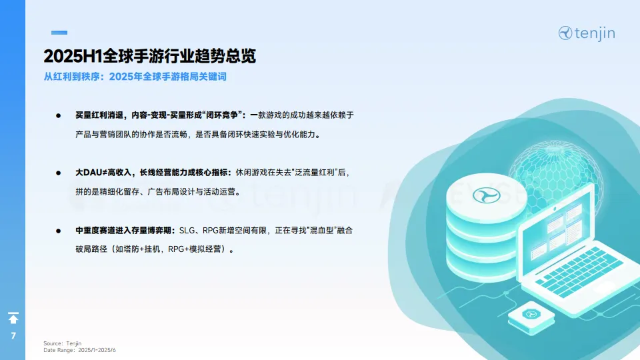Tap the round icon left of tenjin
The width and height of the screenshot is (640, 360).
tap(566, 33)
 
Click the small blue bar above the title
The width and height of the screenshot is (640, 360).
tap(59, 32)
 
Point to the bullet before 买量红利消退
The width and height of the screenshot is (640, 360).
tap(58, 115)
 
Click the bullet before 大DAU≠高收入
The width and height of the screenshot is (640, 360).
tap(58, 173)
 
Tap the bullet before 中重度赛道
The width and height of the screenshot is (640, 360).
tap(58, 231)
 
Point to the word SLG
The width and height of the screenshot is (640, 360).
tap(187, 231)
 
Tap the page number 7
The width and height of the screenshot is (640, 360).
tap(13, 335)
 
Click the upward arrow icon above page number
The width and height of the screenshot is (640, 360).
tap(13, 318)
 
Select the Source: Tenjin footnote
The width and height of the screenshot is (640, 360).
tap(62, 343)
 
